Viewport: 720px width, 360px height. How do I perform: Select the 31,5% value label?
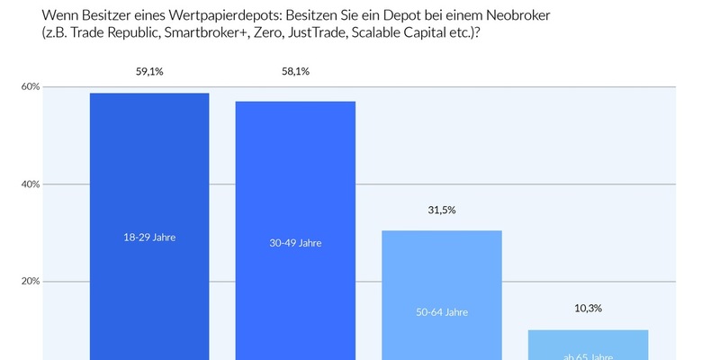tap(442, 210)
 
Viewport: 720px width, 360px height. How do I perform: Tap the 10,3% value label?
tap(588, 308)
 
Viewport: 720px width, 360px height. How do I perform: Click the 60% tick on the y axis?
tap(31, 87)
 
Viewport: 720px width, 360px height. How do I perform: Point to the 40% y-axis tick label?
tap(31, 184)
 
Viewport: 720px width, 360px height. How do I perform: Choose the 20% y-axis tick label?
tap(31, 281)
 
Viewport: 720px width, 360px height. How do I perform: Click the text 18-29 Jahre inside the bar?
tap(149, 237)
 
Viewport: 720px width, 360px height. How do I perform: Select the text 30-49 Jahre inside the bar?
tap(295, 243)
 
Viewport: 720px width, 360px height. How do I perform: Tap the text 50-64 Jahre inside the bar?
tap(442, 312)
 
